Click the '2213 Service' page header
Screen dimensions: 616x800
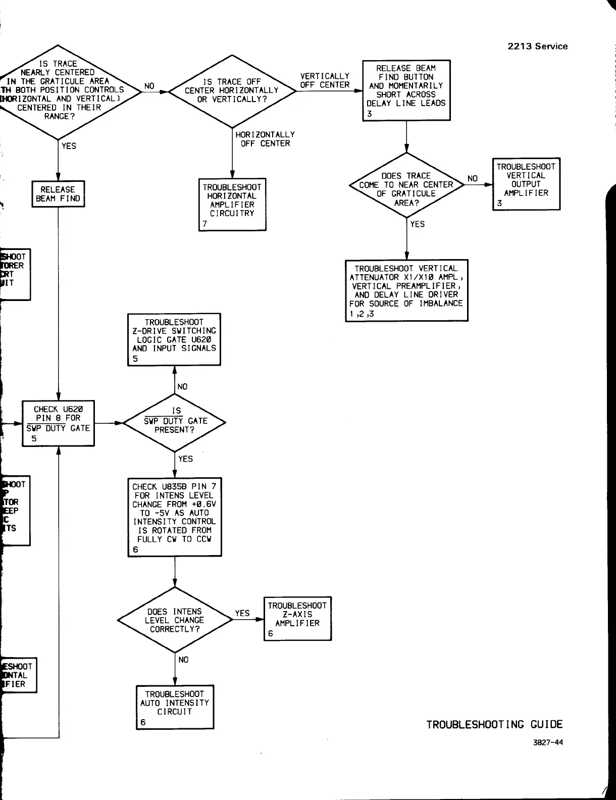[x=537, y=46]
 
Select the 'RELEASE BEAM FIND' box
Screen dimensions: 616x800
[x=58, y=194]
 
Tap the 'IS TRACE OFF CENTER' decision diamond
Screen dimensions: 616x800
[x=232, y=91]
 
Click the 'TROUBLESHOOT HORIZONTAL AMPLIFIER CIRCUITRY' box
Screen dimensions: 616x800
[x=232, y=204]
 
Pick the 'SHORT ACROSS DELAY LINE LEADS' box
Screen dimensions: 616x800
[x=406, y=90]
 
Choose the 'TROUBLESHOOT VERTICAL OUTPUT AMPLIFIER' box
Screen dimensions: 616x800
[x=526, y=184]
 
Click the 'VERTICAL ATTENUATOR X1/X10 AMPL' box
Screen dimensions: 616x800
[x=406, y=290]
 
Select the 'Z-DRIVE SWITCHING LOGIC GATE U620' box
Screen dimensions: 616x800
[x=174, y=339]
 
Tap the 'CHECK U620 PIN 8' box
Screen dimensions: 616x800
[x=58, y=423]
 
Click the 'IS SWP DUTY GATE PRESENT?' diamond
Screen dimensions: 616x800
[x=175, y=422]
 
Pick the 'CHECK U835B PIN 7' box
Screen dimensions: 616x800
[x=174, y=517]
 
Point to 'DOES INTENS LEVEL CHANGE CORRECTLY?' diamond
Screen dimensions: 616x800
[x=175, y=620]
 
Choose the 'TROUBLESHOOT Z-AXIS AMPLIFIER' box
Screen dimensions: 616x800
[x=297, y=619]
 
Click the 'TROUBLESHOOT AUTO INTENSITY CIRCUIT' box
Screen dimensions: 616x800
[x=175, y=707]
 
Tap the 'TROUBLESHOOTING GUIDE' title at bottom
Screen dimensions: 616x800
[x=494, y=725]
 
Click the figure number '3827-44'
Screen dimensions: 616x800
[x=548, y=742]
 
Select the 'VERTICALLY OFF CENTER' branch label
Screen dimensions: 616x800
[x=325, y=81]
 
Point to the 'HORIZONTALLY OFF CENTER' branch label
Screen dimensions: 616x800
[x=265, y=139]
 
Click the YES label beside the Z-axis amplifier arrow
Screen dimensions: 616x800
[x=242, y=613]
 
